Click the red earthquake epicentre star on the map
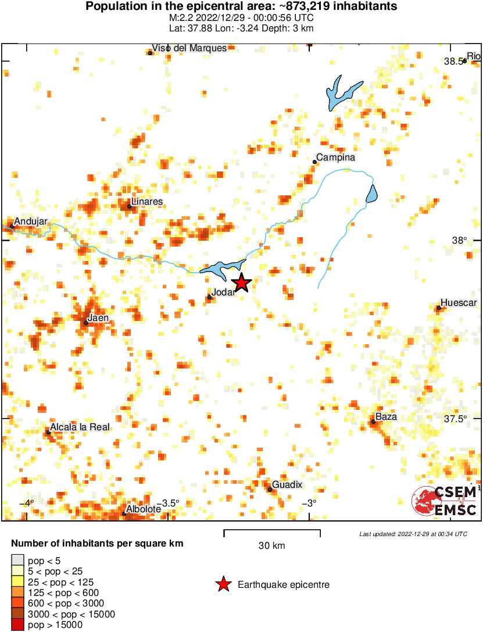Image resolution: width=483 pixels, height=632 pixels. pyautogui.click(x=241, y=283)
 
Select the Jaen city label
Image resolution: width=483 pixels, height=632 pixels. pyautogui.click(x=98, y=317)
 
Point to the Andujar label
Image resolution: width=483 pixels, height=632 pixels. pyautogui.click(x=30, y=221)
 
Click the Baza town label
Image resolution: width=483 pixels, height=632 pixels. pyautogui.click(x=386, y=417)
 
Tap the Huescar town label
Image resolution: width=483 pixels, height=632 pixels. pyautogui.click(x=459, y=303)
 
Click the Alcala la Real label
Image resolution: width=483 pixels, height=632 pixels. pyautogui.click(x=80, y=427)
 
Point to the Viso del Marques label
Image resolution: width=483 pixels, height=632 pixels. pyautogui.click(x=189, y=48)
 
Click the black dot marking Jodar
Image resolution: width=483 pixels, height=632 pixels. pyautogui.click(x=210, y=297)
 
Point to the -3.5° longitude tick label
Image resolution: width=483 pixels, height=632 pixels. pyautogui.click(x=169, y=503)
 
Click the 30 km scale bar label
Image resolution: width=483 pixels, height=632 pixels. pyautogui.click(x=272, y=546)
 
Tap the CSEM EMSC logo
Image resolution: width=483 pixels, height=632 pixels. pyautogui.click(x=444, y=501)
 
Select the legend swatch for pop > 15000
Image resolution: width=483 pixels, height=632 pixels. pyautogui.click(x=18, y=625)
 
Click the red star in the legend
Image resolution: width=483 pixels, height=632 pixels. pyautogui.click(x=223, y=584)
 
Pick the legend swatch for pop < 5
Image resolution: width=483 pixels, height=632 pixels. pyautogui.click(x=18, y=560)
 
